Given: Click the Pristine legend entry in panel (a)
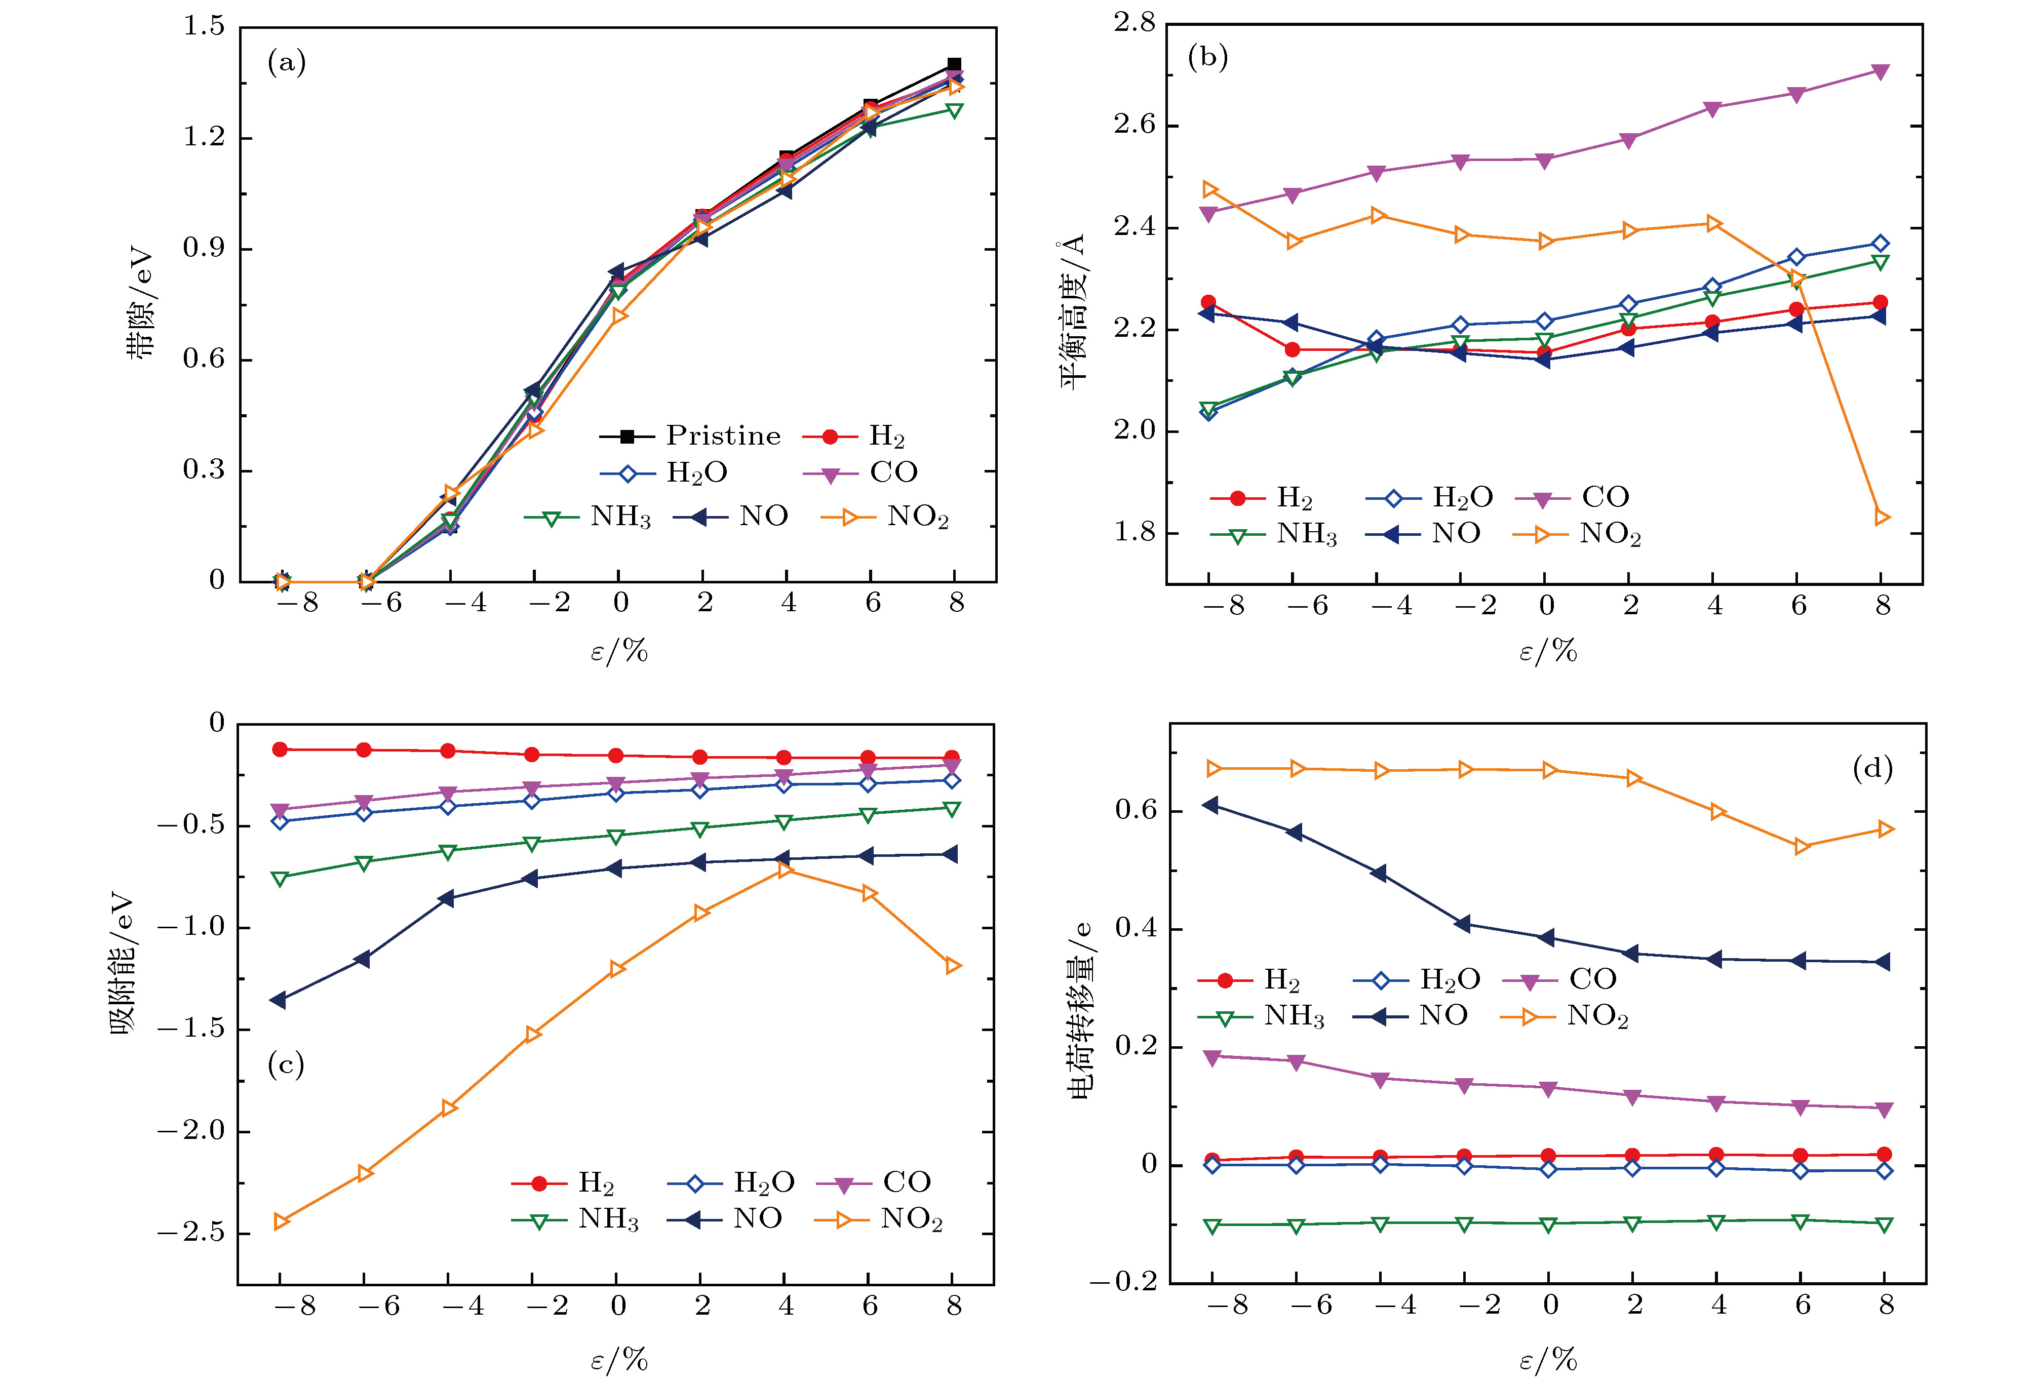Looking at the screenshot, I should tap(691, 436).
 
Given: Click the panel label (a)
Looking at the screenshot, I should tap(286, 63).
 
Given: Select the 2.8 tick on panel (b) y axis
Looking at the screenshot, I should tap(1135, 24).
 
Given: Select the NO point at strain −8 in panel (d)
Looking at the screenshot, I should tap(1211, 804).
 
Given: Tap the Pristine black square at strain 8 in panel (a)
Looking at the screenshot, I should tap(954, 65).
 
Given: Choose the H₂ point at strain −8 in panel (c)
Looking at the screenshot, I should tap(280, 749).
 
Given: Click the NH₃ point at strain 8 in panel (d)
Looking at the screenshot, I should tap(1885, 1225).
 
